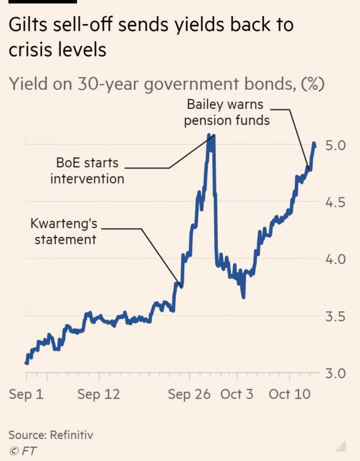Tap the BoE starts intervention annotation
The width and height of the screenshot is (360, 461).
(87, 170)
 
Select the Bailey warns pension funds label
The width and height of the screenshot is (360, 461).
(228, 112)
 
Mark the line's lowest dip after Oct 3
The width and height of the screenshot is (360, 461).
(244, 297)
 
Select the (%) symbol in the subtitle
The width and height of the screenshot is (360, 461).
(313, 84)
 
